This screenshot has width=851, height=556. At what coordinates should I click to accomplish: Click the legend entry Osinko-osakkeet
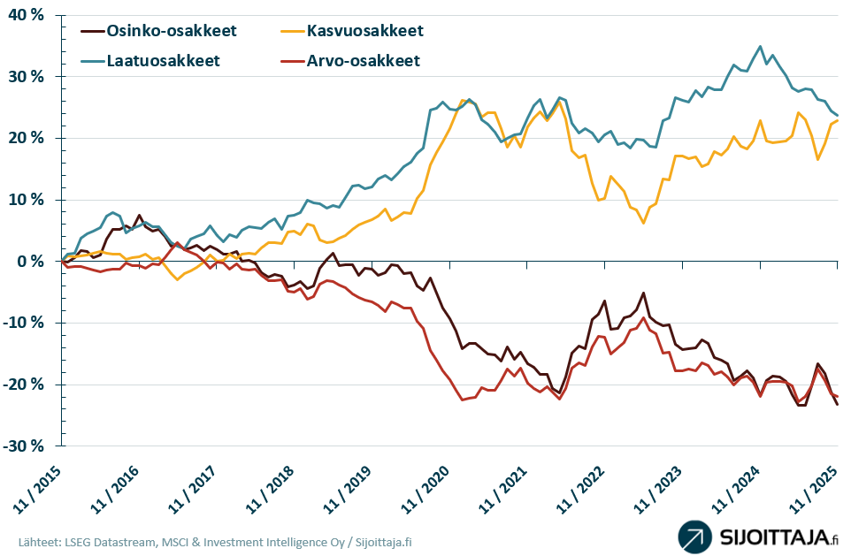tap(172, 31)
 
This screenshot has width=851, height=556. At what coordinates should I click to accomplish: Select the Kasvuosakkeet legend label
tap(365, 31)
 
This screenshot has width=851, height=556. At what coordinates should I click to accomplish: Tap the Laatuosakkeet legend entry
tap(163, 61)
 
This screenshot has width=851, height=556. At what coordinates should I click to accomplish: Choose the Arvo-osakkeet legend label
tap(363, 61)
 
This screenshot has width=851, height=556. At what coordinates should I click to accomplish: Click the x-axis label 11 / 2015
tap(40, 488)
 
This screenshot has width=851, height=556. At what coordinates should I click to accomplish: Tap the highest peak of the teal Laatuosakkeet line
tap(760, 46)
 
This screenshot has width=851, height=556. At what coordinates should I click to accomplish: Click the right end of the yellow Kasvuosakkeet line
tap(838, 120)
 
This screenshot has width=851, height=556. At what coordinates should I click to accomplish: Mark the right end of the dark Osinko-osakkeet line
tap(838, 405)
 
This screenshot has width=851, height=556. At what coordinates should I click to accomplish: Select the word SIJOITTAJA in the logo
tap(770, 537)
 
